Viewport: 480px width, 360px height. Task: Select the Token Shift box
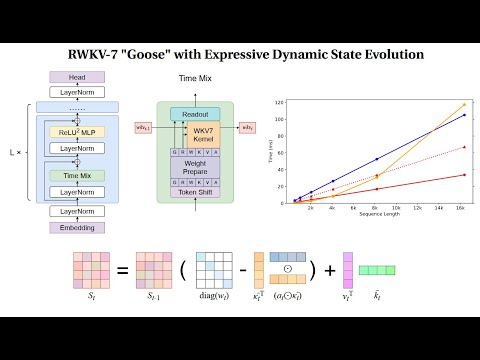194,192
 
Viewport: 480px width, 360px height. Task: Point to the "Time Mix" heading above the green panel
195,78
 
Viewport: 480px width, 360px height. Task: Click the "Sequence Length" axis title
375,214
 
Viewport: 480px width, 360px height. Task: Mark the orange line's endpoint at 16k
463,104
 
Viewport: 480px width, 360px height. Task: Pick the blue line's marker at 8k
376,159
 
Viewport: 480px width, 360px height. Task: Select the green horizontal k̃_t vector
378,270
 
